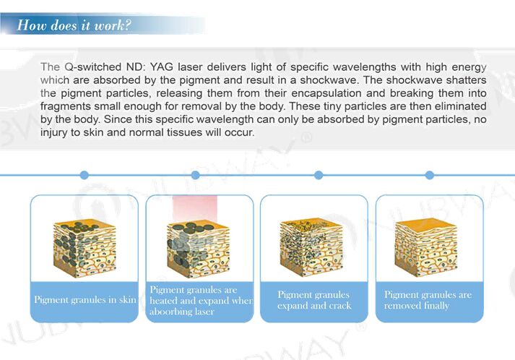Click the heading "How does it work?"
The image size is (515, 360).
coord(74,25)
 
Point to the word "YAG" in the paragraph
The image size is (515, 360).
coord(161,67)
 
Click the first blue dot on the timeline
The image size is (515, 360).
coord(85,175)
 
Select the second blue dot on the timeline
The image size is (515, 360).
coord(196,175)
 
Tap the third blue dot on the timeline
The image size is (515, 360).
coord(319,175)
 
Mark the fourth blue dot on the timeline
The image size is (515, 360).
coord(429,175)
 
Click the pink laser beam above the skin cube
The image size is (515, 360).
coord(195,208)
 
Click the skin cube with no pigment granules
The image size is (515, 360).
coord(426,247)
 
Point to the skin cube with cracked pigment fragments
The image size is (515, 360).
coord(311,247)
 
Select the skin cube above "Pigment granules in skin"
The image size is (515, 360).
coord(85,249)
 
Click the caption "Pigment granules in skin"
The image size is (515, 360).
coord(85,299)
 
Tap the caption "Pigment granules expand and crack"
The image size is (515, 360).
coord(314,300)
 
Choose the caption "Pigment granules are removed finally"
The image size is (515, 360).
coord(428,300)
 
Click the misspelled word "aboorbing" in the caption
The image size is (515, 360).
coord(168,312)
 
